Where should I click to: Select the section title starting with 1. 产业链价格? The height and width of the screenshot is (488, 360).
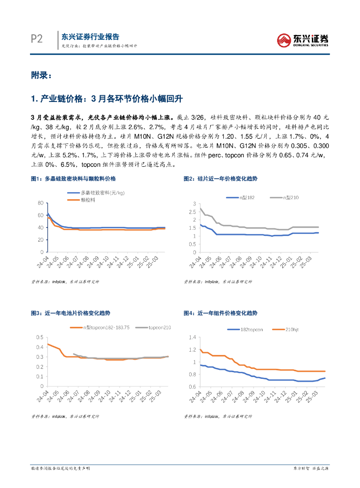pyautogui.click(x=106, y=99)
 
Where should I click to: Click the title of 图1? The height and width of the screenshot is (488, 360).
pyautogui.click(x=73, y=178)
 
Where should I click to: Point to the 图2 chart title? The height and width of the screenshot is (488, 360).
pyautogui.click(x=220, y=178)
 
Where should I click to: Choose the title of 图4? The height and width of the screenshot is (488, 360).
pyautogui.click(x=220, y=313)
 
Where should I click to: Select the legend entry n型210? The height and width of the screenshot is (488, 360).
pyautogui.click(x=290, y=197)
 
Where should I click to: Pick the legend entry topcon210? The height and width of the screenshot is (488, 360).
pyautogui.click(x=159, y=327)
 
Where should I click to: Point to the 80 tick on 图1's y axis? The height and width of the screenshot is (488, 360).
pyautogui.click(x=40, y=203)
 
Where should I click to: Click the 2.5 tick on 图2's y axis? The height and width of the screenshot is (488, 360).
pyautogui.click(x=193, y=212)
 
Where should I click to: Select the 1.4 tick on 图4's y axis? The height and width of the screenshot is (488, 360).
pyautogui.click(x=193, y=337)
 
